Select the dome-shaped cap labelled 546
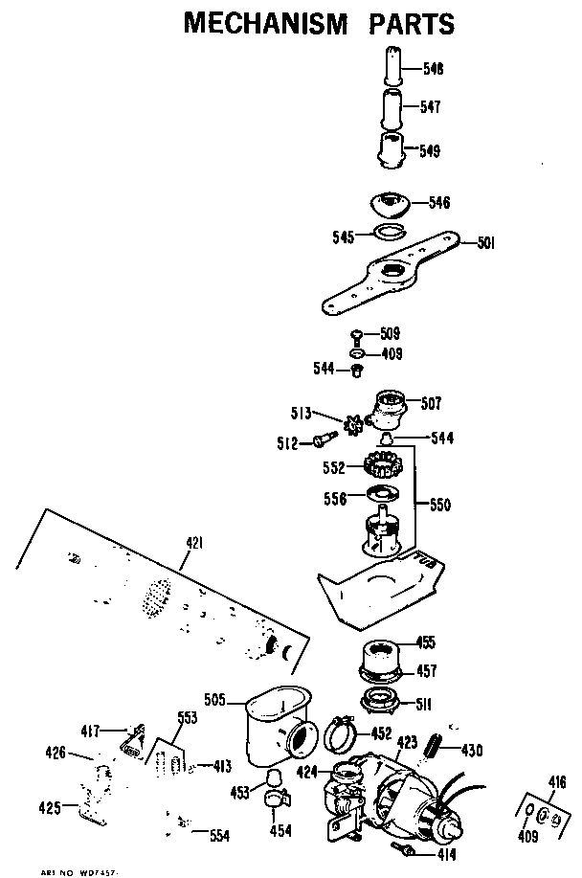(x=390, y=205)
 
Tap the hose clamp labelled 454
(x=277, y=797)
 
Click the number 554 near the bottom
(x=220, y=835)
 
